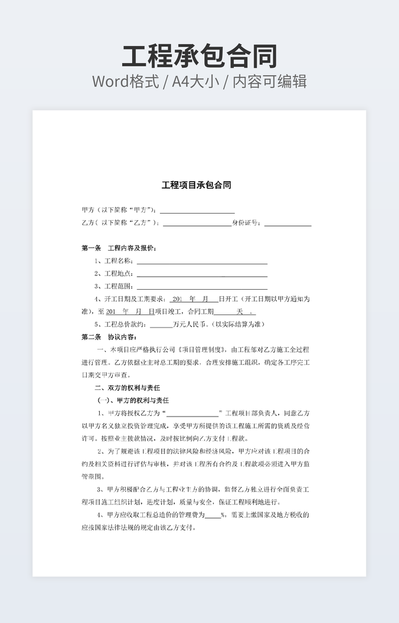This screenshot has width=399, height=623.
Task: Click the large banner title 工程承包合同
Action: tap(199, 56)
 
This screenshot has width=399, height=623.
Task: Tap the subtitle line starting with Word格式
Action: tap(199, 81)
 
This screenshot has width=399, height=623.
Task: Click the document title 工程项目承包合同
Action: tap(197, 185)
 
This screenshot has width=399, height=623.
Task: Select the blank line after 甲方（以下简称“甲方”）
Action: tap(197, 210)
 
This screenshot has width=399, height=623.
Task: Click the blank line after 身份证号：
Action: tap(287, 223)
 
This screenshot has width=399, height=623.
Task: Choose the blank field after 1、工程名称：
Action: tap(202, 261)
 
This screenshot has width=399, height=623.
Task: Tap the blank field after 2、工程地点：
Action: tap(202, 274)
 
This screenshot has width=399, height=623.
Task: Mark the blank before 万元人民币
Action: tap(161, 324)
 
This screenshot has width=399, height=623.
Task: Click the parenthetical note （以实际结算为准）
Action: tap(239, 324)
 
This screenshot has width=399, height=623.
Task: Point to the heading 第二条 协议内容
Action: tap(109, 337)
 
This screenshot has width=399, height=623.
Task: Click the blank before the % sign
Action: tap(212, 515)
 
